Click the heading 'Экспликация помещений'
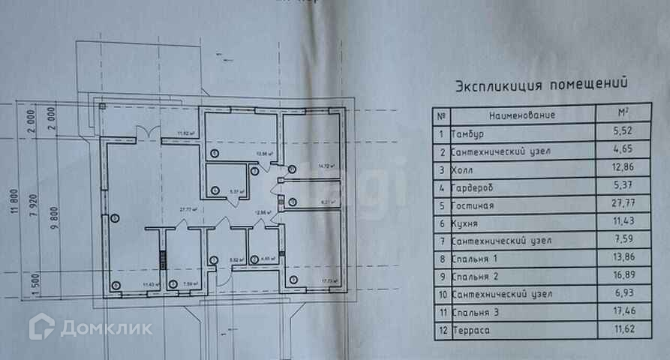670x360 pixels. coord(540,85)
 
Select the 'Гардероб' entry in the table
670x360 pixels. coord(475,187)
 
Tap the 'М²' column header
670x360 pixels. coord(622,115)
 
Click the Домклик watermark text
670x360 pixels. coord(105,328)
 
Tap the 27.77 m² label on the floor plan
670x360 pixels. coord(188,210)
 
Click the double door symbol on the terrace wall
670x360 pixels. coord(147,133)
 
